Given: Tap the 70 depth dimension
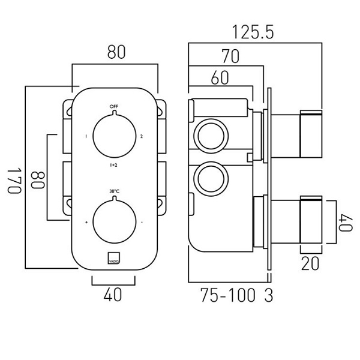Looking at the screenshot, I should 231,57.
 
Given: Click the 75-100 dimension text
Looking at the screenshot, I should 229,296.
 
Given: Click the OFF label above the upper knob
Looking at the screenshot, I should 114,107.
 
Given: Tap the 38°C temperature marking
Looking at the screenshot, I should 114,191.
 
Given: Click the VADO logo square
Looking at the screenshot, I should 114,256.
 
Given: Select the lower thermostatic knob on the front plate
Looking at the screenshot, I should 114,223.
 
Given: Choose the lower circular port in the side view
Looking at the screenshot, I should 210,178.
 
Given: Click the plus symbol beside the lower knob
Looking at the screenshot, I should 86,223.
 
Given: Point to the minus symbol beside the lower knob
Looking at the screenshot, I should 142,223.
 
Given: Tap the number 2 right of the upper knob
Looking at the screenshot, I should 142,137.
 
